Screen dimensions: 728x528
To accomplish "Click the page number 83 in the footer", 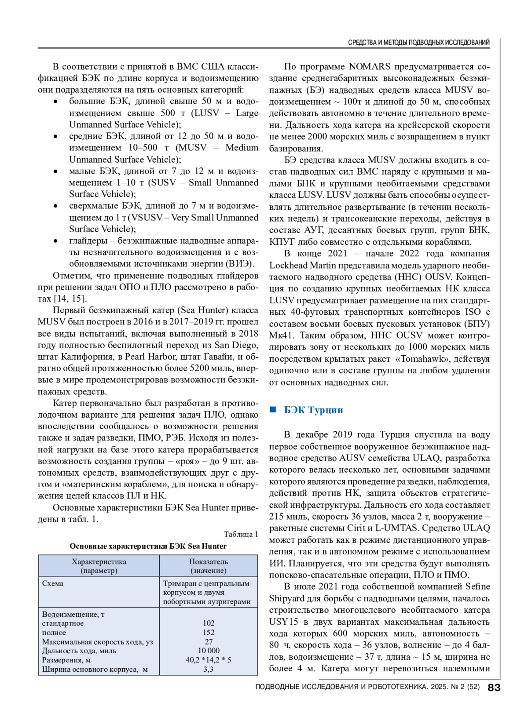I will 494,688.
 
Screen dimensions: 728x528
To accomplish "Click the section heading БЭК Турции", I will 313,410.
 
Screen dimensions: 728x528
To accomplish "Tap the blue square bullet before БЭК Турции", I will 273,410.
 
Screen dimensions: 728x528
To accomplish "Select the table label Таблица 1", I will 241,534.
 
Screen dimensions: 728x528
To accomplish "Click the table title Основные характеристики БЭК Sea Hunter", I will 148,546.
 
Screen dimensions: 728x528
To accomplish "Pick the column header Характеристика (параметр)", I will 99,566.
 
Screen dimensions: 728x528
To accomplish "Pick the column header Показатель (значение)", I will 209,566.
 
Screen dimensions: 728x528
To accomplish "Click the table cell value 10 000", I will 209,651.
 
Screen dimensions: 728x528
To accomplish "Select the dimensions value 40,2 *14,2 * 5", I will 209,660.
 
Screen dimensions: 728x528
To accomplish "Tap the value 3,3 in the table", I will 209,670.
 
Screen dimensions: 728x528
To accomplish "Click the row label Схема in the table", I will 53,584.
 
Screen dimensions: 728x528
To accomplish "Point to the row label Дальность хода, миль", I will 79,651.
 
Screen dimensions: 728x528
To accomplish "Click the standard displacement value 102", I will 209,623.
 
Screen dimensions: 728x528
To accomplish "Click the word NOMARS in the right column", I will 370,67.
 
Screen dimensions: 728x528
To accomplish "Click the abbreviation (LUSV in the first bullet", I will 205,113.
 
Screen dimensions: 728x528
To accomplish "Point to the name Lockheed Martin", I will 303,266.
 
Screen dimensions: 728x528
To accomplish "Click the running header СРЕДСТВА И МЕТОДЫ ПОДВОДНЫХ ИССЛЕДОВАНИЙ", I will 418,43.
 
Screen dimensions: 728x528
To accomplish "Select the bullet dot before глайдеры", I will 55,241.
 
